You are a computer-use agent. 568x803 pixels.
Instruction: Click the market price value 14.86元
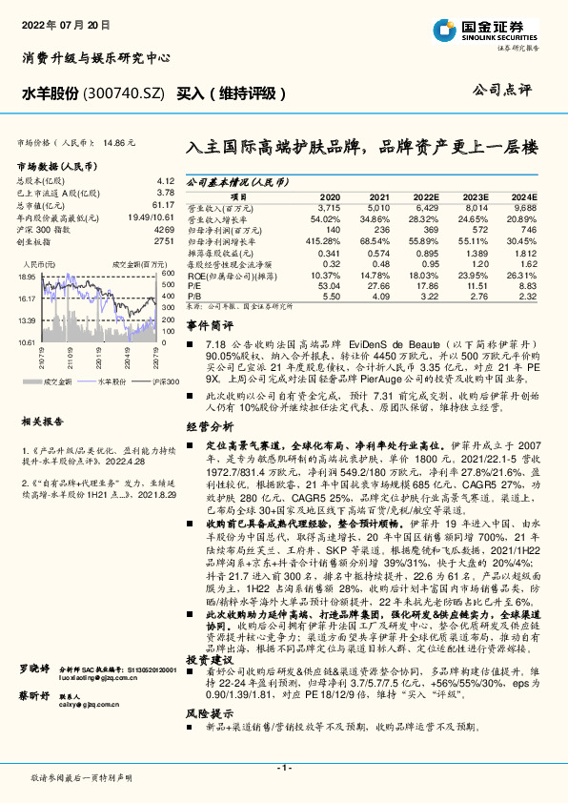[120, 142]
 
